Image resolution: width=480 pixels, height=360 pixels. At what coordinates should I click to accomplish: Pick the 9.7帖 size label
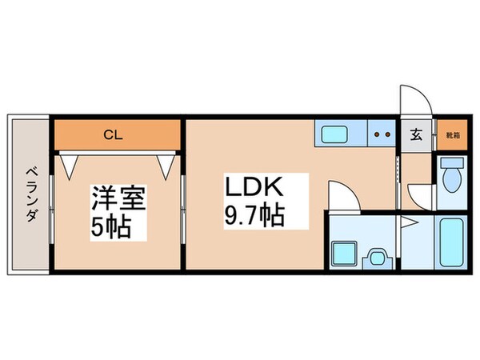point(253,217)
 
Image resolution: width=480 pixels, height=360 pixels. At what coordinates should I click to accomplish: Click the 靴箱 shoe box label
point(453,135)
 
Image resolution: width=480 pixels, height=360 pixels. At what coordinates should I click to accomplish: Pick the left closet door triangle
point(67,163)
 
